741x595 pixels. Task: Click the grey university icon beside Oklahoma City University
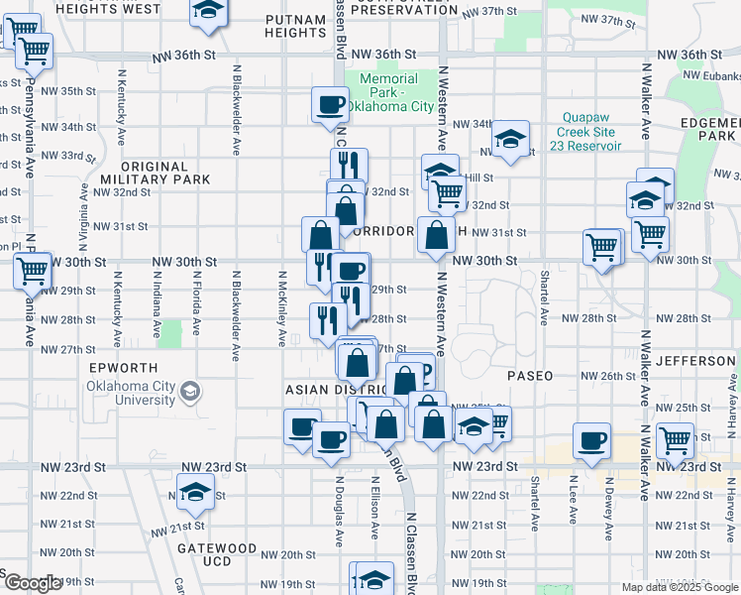(x=187, y=394)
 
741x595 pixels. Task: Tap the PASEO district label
(x=530, y=377)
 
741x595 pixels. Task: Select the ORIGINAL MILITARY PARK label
(x=155, y=174)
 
